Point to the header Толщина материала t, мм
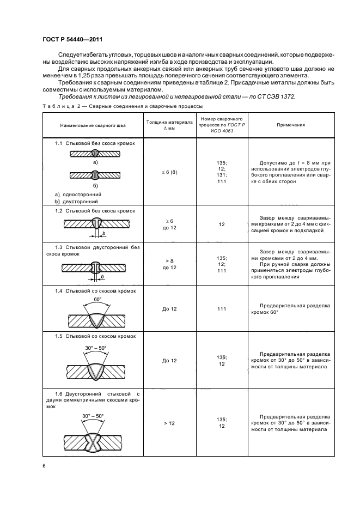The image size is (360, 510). click(169, 125)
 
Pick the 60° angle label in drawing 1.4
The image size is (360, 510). click(97, 299)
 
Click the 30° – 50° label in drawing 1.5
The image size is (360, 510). click(96, 348)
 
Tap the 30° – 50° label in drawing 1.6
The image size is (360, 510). click(93, 416)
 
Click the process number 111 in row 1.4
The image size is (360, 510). click(222, 309)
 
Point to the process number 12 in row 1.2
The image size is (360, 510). click(222, 224)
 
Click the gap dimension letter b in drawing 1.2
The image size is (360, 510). click(104, 233)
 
